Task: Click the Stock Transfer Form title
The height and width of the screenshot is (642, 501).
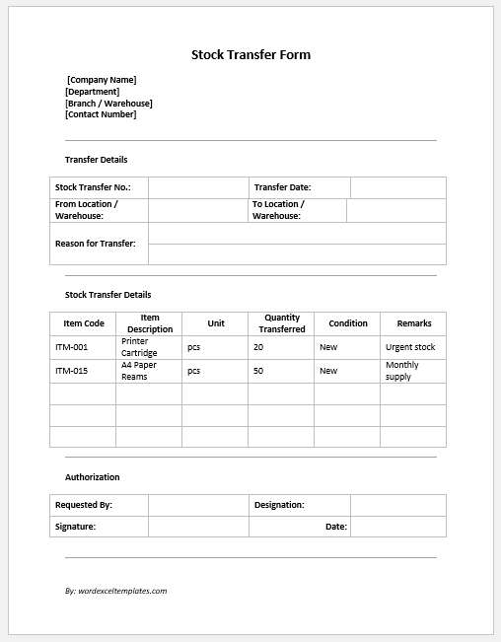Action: coord(250,55)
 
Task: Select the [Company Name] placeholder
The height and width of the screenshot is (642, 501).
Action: coord(102,80)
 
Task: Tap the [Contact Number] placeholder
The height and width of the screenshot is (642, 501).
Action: coord(101,114)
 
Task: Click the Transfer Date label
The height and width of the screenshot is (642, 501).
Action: coord(282,187)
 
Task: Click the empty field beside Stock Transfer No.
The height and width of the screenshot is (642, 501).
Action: coord(198,187)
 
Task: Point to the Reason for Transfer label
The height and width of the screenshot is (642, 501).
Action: coord(96,243)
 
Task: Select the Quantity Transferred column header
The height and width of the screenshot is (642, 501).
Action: coord(282,323)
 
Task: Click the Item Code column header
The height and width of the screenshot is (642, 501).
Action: coord(84,323)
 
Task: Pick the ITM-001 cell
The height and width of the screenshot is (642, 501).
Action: coord(72,347)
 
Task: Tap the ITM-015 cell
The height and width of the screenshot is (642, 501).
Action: coord(72,371)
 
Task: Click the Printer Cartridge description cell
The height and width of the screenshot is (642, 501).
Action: coord(139,347)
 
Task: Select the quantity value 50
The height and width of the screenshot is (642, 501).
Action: coord(258,371)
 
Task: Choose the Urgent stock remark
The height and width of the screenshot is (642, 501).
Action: coord(410,347)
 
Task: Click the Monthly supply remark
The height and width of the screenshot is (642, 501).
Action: coord(402,371)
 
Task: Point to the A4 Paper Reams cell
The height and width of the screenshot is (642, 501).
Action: coord(139,371)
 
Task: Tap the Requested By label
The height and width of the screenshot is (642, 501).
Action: coord(84,505)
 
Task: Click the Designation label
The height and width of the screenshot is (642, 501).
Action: coord(279,505)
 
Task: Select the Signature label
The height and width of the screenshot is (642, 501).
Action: coord(76,527)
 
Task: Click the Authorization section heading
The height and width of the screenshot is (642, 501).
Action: coord(93,477)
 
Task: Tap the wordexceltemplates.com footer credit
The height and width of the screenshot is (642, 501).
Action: coord(116,591)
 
